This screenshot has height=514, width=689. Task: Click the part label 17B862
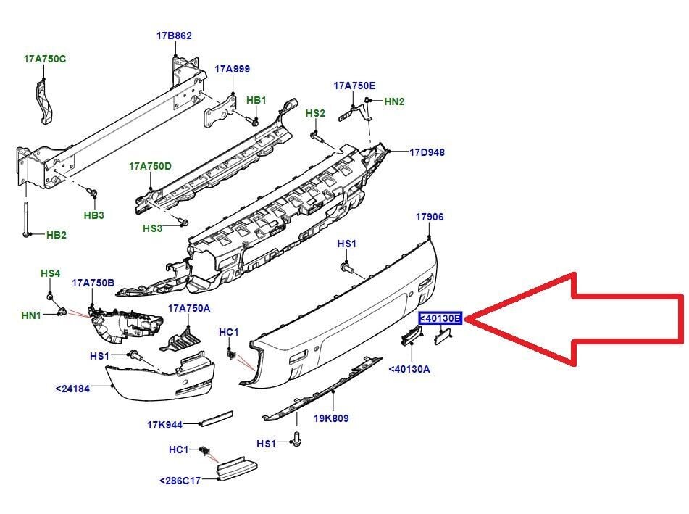174,36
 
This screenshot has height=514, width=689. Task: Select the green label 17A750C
45,59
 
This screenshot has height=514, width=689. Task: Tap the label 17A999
232,69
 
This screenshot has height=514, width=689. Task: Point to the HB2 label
57,235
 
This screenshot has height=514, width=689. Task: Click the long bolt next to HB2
26,219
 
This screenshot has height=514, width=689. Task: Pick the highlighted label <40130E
440,318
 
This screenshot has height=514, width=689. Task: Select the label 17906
430,217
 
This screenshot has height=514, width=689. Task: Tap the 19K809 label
331,418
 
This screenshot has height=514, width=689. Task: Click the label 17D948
427,152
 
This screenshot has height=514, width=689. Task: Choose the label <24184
72,389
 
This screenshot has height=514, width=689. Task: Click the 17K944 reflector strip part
216,418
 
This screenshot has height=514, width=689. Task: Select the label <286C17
180,481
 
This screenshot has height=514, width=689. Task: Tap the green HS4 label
50,273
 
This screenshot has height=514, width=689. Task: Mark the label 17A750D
150,166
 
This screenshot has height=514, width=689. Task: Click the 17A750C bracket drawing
44,101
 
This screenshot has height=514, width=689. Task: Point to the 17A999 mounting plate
218,112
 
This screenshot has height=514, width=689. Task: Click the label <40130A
409,369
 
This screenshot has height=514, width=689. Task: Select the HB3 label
93,215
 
